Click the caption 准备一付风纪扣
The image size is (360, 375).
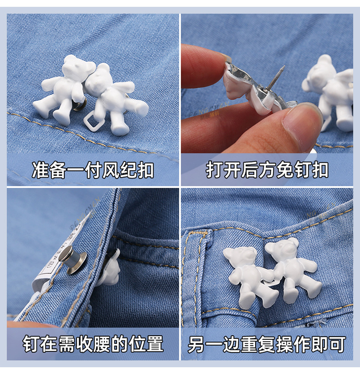[x=93, y=170]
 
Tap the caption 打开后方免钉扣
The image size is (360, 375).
[x=267, y=170]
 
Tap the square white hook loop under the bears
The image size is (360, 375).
[x=96, y=120]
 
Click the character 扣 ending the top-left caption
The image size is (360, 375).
[x=145, y=170]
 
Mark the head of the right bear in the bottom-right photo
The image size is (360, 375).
[x=282, y=250]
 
